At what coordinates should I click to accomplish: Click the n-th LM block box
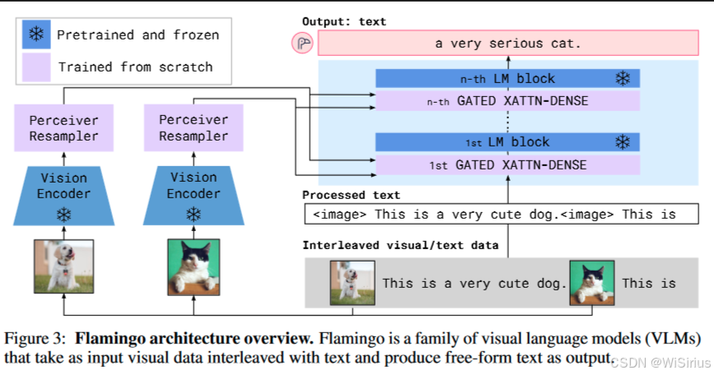pyautogui.click(x=507, y=79)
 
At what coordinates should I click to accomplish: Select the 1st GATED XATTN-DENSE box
pyautogui.click(x=507, y=165)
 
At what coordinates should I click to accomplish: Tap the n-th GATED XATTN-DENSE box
pyautogui.click(x=507, y=102)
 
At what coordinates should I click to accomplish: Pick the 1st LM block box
pyautogui.click(x=507, y=142)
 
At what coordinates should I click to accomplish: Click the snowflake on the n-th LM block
pyautogui.click(x=623, y=79)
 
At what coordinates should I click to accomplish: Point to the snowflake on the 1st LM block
pyautogui.click(x=623, y=142)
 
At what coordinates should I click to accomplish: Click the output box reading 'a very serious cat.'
pyautogui.click(x=507, y=44)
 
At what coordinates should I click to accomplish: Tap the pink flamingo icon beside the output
pyautogui.click(x=302, y=44)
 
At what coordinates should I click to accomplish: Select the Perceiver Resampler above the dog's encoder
pyautogui.click(x=63, y=128)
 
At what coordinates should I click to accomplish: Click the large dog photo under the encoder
pyautogui.click(x=63, y=265)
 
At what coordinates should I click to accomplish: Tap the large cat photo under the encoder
pyautogui.click(x=194, y=265)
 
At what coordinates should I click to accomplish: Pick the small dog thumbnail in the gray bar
pyautogui.click(x=352, y=283)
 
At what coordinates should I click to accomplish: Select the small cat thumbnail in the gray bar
pyautogui.click(x=591, y=283)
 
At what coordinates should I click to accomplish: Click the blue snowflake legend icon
pyautogui.click(x=37, y=35)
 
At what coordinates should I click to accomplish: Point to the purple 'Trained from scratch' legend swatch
pyautogui.click(x=37, y=67)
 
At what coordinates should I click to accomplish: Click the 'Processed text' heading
pyautogui.click(x=351, y=195)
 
